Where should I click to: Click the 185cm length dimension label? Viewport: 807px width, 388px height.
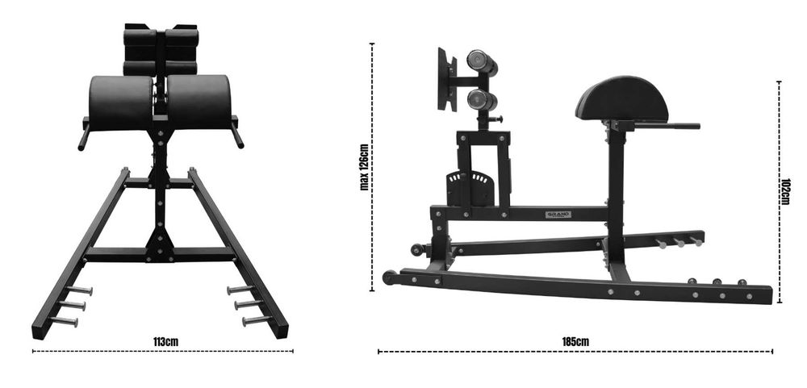pyautogui.click(x=575, y=342)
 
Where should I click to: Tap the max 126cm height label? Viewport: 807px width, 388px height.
pyautogui.click(x=364, y=168)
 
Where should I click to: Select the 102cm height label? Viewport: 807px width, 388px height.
pyautogui.click(x=786, y=191)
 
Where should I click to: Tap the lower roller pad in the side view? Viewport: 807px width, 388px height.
pyautogui.click(x=482, y=100)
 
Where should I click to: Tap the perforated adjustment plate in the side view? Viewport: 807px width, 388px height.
pyautogui.click(x=471, y=188)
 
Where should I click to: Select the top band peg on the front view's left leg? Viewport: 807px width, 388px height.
pyautogui.click(x=79, y=290)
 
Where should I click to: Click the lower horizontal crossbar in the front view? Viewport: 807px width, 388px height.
pyautogui.click(x=159, y=254)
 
